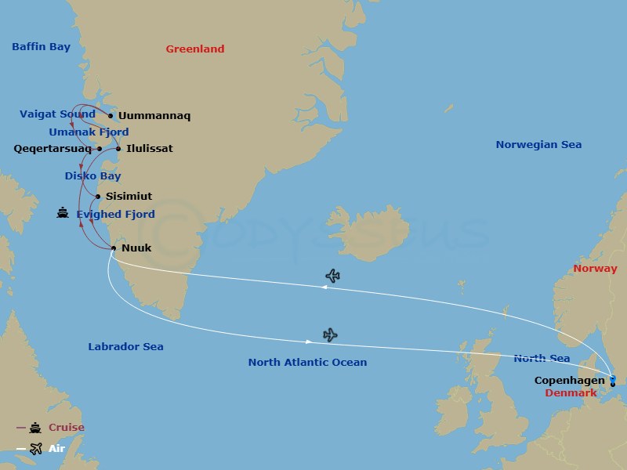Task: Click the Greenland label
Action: pos(194,49)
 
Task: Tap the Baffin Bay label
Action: pos(41,47)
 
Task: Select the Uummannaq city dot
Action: pos(111,116)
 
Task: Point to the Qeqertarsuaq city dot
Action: pos(100,148)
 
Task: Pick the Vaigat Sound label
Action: pos(57,114)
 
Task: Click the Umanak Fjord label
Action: pos(89,132)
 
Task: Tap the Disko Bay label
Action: pos(92,176)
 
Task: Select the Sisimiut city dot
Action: pos(98,197)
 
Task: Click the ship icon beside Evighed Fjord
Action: pos(63,213)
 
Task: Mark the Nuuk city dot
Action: pos(114,249)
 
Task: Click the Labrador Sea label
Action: pos(125,346)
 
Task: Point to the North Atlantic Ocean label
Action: pos(307,362)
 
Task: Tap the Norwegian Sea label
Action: pos(538,144)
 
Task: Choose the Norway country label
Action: pos(595,268)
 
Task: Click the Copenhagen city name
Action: pos(569,380)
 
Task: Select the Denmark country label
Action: pos(571,392)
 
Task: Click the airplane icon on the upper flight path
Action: pos(332,276)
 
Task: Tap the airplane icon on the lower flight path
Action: pos(330,335)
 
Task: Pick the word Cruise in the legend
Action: pos(66,428)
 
